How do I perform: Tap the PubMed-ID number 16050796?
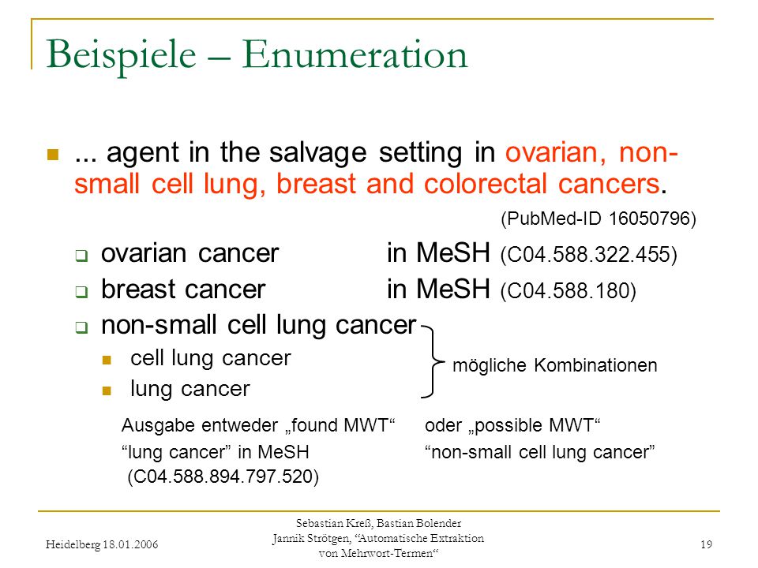tap(649, 219)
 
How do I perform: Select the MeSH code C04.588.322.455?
tap(589, 254)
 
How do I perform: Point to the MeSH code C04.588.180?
tap(568, 291)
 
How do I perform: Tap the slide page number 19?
tap(706, 544)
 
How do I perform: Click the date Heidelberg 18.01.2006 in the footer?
tap(102, 545)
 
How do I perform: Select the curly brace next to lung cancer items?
tap(432, 361)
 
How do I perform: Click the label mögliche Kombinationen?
tap(554, 365)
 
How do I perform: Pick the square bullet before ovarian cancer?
tap(81, 255)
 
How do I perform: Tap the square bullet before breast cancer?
tap(81, 291)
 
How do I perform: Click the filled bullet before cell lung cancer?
tap(107, 360)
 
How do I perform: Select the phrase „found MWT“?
tap(340, 425)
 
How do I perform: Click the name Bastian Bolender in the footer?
tap(418, 523)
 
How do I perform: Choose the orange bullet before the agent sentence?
tap(53, 155)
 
